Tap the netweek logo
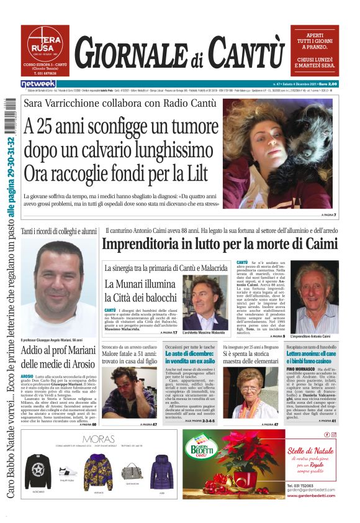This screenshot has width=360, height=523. (x=39, y=84)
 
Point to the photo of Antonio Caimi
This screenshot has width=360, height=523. (x=316, y=298)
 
